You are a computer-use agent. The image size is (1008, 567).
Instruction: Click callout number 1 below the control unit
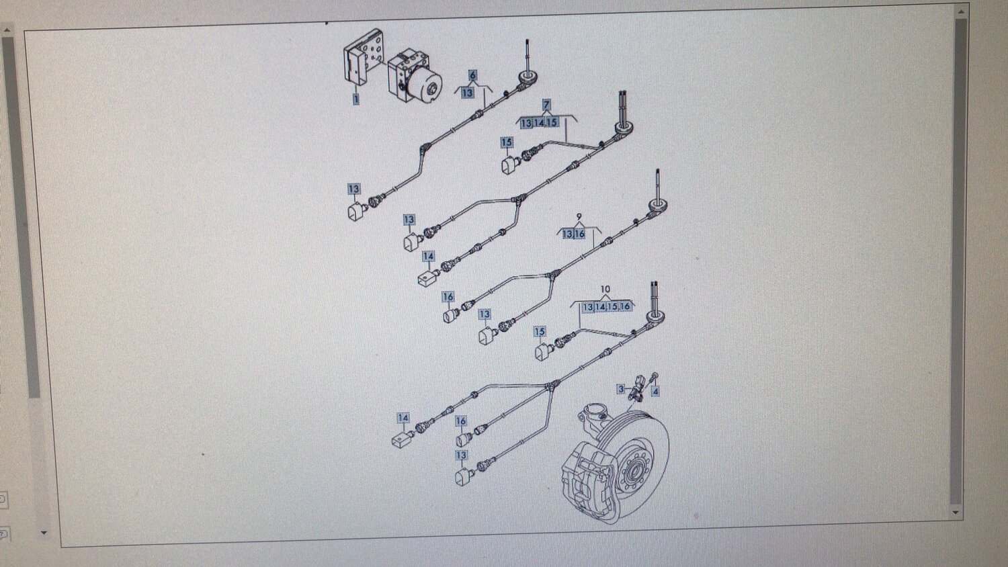click(356, 99)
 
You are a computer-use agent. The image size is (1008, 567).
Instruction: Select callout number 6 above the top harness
click(472, 76)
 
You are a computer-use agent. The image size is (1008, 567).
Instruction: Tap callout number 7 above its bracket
click(546, 105)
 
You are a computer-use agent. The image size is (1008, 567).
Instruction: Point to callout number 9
click(579, 217)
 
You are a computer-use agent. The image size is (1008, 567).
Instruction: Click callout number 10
click(605, 289)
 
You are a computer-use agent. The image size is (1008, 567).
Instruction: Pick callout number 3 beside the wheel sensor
click(621, 389)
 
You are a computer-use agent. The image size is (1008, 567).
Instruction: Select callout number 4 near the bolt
click(655, 392)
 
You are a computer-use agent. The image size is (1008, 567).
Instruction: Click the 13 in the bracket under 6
click(468, 93)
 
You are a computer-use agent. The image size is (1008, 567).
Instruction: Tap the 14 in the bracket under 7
click(539, 122)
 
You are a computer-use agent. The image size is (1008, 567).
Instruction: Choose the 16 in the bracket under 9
click(579, 234)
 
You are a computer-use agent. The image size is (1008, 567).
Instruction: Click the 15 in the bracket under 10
click(612, 307)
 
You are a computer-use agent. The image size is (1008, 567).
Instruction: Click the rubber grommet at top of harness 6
click(526, 78)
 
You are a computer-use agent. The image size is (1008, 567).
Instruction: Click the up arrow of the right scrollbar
click(961, 11)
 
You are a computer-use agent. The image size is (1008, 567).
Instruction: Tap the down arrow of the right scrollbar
click(956, 512)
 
